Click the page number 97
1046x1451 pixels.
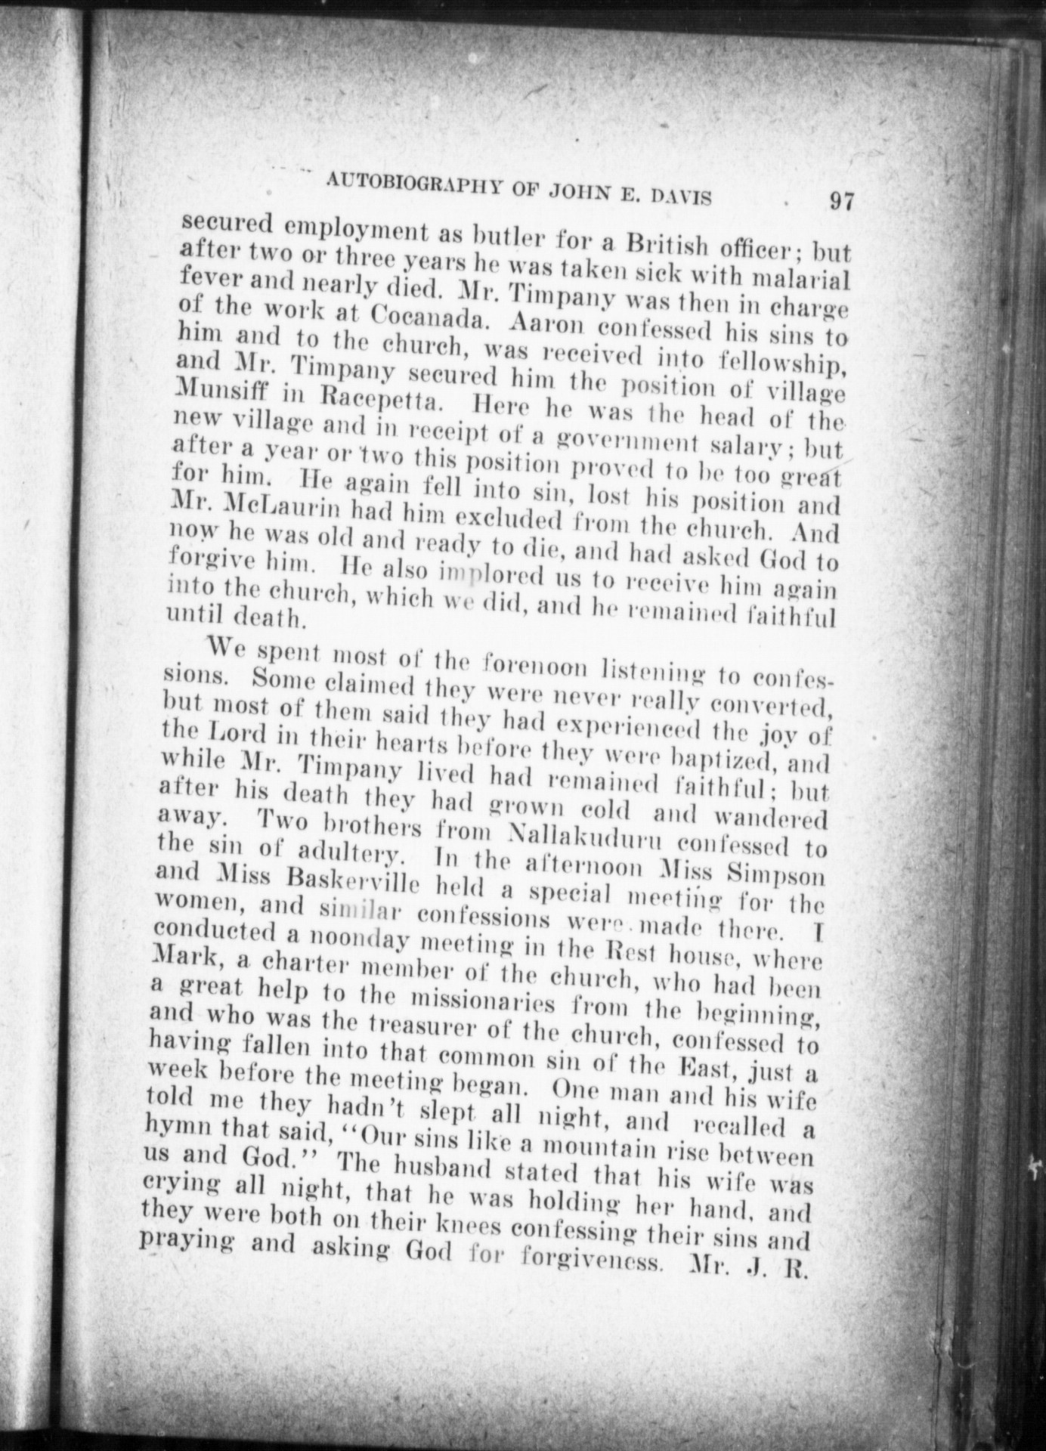[x=840, y=202]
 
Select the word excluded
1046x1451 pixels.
[x=482, y=520]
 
